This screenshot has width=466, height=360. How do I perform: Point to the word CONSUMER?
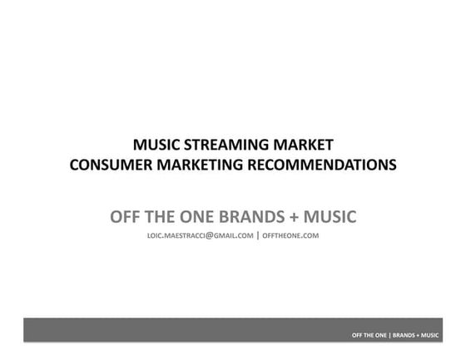point(107,164)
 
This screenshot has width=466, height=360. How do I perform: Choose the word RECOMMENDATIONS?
point(321,164)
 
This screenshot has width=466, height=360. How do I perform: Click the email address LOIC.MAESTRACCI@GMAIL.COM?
point(199,236)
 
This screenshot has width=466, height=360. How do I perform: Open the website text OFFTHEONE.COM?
point(291,236)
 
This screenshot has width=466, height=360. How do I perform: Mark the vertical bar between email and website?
point(258,235)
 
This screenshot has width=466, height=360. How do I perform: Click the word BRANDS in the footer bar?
point(404,335)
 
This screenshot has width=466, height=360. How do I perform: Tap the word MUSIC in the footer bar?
point(430,335)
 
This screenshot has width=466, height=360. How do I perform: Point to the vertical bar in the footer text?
point(390,335)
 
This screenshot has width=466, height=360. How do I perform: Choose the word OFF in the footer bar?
point(358,335)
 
